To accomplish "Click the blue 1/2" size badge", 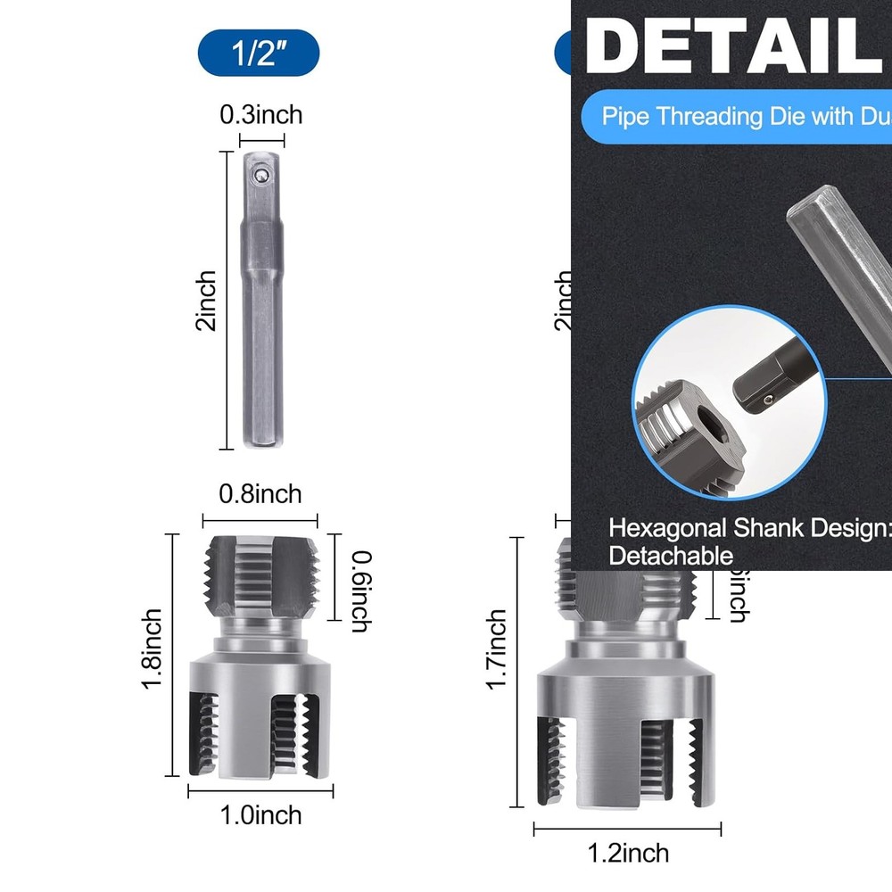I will click(x=259, y=53).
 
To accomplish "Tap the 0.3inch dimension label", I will click(x=261, y=115).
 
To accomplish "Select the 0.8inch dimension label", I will click(x=260, y=493).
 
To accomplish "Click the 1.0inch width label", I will click(x=260, y=814).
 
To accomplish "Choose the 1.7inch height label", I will click(x=497, y=648).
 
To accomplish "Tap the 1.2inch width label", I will click(x=628, y=853).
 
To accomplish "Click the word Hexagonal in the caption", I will click(x=666, y=527).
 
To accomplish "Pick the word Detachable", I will click(x=671, y=557).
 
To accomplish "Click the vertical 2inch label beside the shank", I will click(x=206, y=301).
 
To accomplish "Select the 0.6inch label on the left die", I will click(x=359, y=591).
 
